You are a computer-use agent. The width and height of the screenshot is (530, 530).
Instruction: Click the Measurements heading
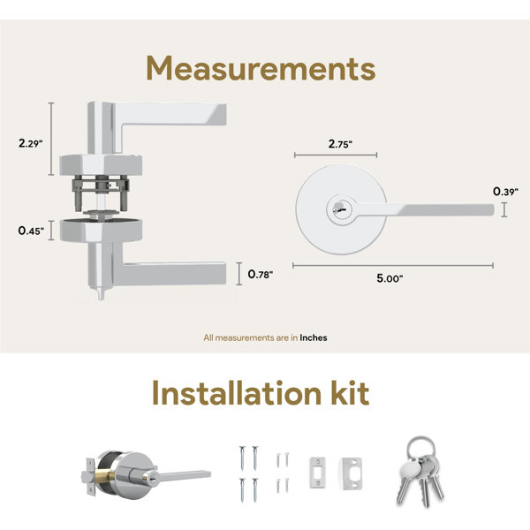point(261,69)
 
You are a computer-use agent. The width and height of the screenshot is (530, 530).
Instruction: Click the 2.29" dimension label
point(30,143)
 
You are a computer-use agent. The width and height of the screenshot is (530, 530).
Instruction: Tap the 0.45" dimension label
point(31,231)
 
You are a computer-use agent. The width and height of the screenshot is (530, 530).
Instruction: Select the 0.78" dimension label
point(261,274)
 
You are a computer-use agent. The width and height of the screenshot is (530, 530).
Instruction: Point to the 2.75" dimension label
point(340,144)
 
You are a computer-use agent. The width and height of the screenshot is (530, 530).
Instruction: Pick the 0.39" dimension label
point(505,192)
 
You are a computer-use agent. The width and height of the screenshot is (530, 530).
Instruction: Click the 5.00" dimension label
point(390,278)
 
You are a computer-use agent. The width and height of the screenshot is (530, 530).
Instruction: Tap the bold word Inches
point(314,337)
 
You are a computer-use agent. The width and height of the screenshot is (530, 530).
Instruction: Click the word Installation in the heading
point(237,393)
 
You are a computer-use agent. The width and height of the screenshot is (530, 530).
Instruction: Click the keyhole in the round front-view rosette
point(341,208)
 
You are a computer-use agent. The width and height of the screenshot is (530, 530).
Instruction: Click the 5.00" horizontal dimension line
point(393,265)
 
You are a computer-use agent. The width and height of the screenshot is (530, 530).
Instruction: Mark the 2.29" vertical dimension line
point(51,139)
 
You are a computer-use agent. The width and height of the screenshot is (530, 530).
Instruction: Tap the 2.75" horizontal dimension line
point(336,155)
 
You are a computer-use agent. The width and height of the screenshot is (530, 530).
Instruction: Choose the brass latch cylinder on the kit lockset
point(101,476)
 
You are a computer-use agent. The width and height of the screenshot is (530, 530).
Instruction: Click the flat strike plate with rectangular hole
point(318,473)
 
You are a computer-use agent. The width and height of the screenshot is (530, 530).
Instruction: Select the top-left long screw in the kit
point(242,458)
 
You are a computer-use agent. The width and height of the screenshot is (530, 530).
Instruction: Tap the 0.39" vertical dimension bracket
point(504,209)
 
